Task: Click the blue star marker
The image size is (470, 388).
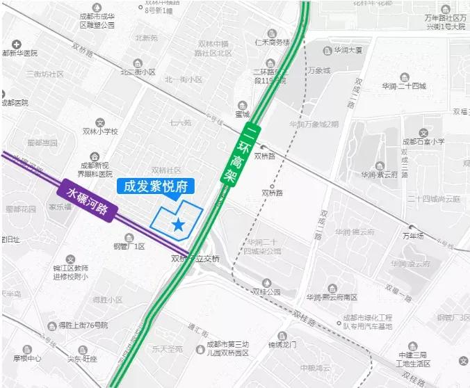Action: click(179, 224)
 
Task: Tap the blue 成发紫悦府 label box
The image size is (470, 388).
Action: click(156, 186)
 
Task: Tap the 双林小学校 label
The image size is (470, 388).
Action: click(100, 131)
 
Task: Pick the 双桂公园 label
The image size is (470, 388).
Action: click(266, 292)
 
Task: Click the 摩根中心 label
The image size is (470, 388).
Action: click(26, 359)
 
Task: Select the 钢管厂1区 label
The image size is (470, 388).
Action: click(129, 246)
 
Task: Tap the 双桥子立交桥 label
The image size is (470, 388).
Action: click(195, 259)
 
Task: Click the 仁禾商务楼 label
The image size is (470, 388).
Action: click(273, 42)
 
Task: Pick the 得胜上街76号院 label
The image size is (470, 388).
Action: click(83, 325)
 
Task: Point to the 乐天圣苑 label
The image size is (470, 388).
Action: click(167, 348)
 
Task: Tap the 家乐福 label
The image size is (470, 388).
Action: click(60, 207)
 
